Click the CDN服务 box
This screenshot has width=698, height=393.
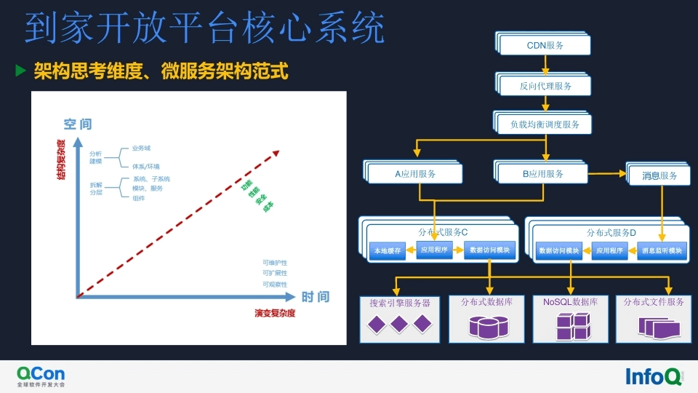tap(545, 45)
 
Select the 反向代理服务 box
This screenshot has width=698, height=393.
tap(545, 86)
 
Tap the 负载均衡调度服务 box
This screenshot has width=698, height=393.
tap(545, 124)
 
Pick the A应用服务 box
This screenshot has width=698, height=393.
tap(415, 174)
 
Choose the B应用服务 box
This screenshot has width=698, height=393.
tap(542, 173)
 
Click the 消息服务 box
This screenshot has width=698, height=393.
tap(660, 175)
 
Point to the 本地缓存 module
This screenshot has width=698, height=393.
tap(387, 251)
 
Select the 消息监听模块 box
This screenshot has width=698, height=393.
tap(662, 251)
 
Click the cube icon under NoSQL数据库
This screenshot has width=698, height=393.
tap(572, 326)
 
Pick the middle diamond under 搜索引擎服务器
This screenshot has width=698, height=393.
tap(398, 325)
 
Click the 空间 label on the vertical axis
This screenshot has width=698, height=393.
tap(78, 124)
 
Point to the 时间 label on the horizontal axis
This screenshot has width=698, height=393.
tap(316, 297)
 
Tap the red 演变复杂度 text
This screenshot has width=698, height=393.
tap(275, 314)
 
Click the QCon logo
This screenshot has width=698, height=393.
tap(41, 376)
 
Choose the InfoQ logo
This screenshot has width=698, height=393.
tap(654, 376)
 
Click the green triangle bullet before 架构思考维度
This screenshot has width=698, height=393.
tap(21, 71)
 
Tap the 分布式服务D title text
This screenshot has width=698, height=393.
tap(611, 232)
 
